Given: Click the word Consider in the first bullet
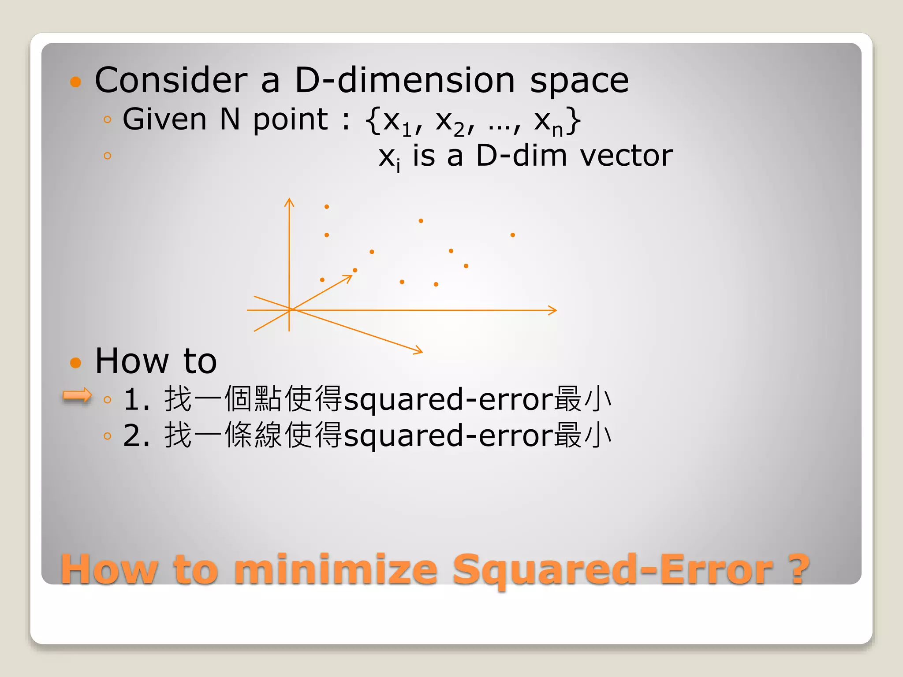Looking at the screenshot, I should [x=171, y=80].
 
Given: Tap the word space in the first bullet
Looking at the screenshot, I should [x=579, y=82].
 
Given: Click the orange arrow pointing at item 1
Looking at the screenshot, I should [x=77, y=395].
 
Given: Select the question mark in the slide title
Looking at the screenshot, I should [x=798, y=569].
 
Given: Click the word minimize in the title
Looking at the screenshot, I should [x=335, y=569].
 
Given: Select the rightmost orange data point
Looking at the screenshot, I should [x=513, y=235].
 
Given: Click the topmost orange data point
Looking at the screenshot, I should [x=327, y=207].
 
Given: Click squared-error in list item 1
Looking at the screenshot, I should [x=448, y=399].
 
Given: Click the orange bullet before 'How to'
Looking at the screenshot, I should [x=76, y=362].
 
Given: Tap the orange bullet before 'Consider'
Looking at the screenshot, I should [x=76, y=82].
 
